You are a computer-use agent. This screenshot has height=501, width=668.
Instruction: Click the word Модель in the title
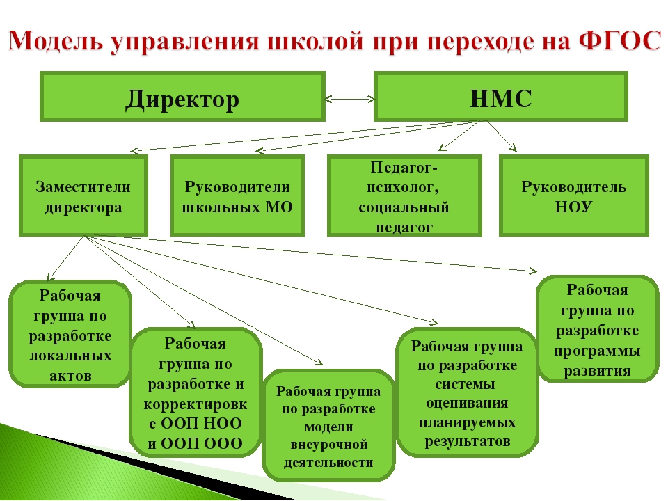56,41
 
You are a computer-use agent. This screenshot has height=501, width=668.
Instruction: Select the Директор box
182,96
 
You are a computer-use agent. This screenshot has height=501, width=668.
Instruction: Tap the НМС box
500,96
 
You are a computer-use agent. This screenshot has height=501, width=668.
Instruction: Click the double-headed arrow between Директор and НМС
349,100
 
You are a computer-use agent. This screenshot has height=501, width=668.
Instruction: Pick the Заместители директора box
83,195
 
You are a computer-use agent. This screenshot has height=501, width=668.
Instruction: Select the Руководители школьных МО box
237,195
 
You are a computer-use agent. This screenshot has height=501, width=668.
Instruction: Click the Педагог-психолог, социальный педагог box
404,195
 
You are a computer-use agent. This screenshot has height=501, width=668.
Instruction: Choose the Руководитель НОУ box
574,195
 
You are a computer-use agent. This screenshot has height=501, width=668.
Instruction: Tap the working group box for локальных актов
70,334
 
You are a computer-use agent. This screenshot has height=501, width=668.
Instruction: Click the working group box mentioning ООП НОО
196,392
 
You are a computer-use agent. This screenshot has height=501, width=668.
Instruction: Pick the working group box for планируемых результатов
468,392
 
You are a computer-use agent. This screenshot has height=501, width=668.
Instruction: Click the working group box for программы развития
598,329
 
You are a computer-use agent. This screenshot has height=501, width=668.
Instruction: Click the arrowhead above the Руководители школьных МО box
259,150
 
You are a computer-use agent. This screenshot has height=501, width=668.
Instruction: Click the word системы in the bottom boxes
465,384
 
